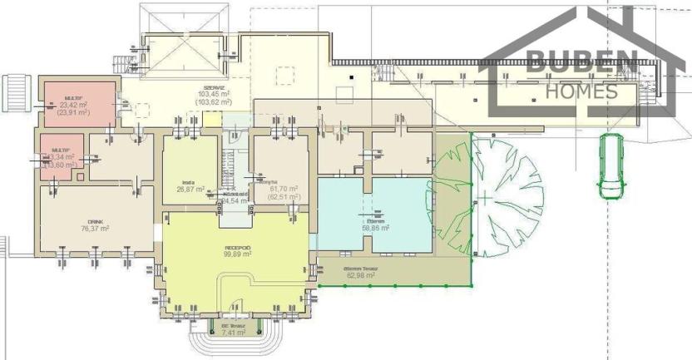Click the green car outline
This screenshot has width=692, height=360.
click(x=610, y=167)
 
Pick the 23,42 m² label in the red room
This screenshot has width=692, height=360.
click(x=79, y=105)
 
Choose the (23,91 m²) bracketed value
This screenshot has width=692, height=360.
click(x=79, y=112)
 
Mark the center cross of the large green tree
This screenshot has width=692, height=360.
click(x=484, y=198)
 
